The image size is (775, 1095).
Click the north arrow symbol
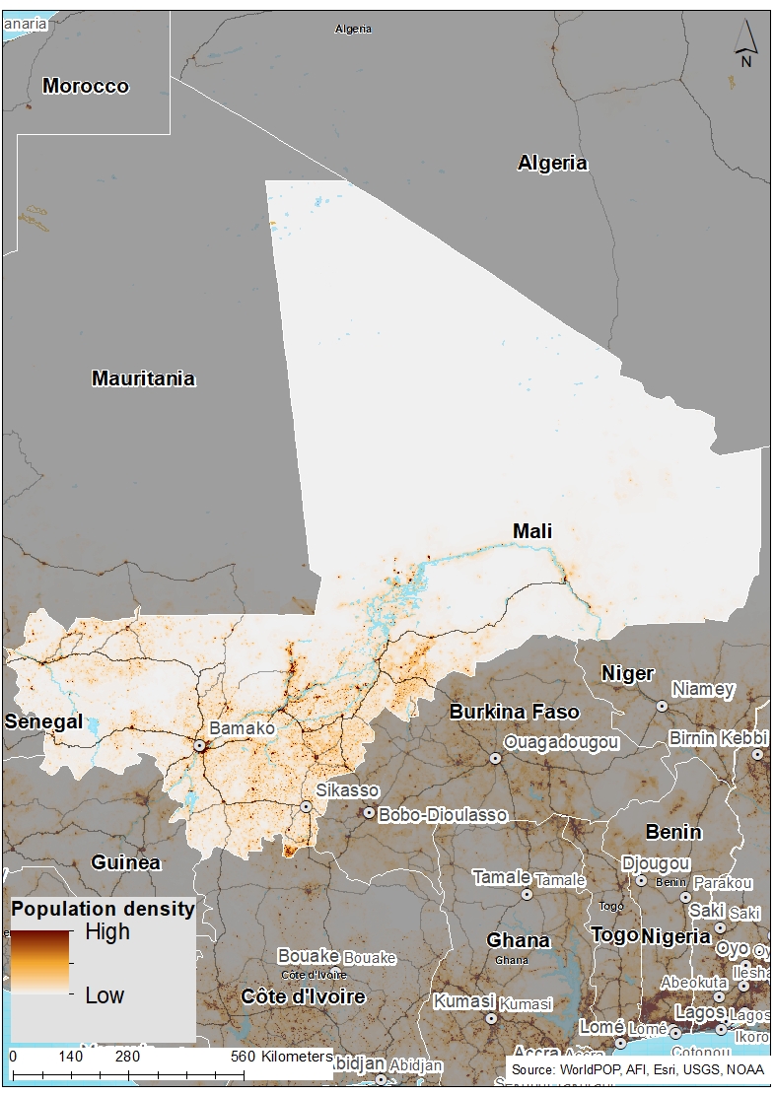(x=746, y=43)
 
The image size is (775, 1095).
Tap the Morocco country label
(x=86, y=86)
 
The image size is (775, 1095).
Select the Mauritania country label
(x=143, y=378)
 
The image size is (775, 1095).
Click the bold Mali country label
(x=532, y=531)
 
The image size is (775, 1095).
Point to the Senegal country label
(x=43, y=721)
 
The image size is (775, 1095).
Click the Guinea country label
(x=125, y=862)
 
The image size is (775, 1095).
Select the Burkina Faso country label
(x=515, y=712)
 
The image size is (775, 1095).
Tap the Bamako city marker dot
(x=199, y=746)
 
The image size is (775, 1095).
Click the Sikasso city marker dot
(x=307, y=806)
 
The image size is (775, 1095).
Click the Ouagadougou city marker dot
(x=495, y=758)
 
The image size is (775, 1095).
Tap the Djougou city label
(x=656, y=863)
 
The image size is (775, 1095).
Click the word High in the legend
(x=107, y=931)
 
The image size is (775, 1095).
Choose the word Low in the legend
(x=105, y=995)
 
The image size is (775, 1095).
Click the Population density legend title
(x=103, y=909)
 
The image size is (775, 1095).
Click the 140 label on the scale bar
(x=70, y=1056)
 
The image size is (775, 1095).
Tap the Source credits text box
(x=638, y=1068)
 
